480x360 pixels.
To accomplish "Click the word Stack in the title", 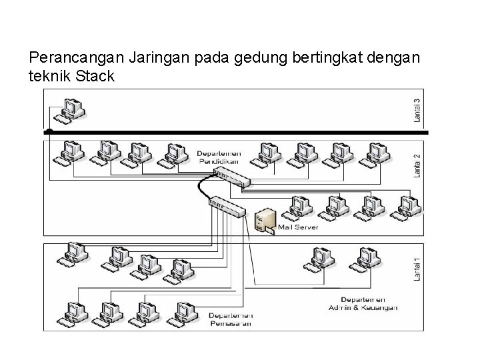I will [x=96, y=76].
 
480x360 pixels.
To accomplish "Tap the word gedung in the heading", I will [x=256, y=58].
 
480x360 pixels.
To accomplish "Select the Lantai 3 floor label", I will [x=417, y=110].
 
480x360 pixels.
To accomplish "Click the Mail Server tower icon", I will [x=265, y=221].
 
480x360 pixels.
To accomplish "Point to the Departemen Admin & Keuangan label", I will [x=363, y=303].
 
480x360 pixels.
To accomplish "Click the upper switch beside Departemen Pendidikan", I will [x=230, y=177].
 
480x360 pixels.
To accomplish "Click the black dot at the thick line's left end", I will [x=49, y=132].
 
